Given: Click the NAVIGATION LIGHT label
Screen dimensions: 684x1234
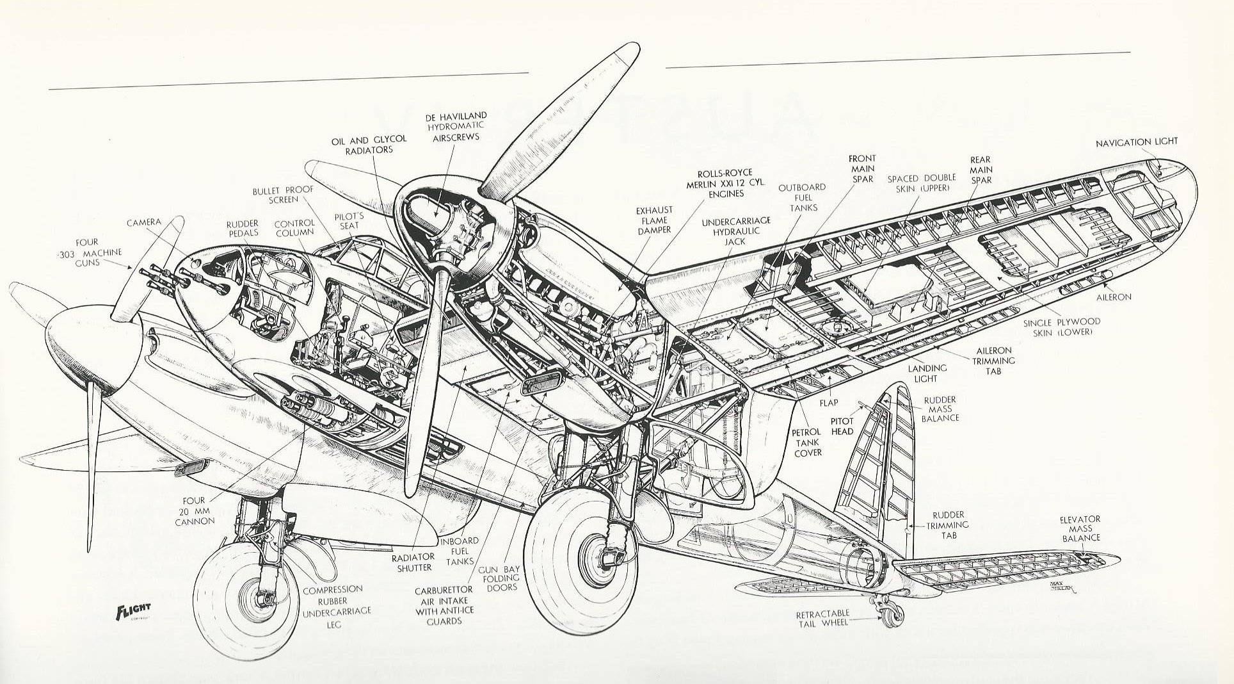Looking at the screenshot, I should pyautogui.click(x=1136, y=142).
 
